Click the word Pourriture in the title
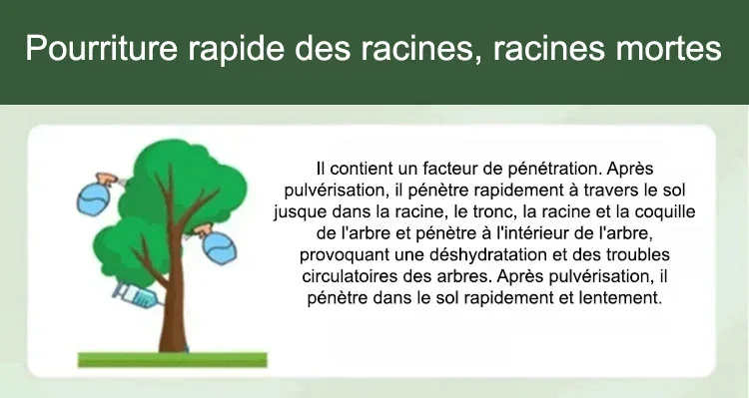pos(102,49)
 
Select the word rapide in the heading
pos(236,49)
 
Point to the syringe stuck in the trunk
pos(137,294)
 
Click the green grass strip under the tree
pos(173,360)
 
